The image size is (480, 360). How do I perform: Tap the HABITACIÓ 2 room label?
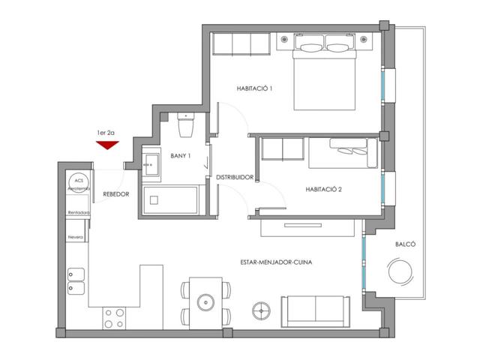tap(323, 189)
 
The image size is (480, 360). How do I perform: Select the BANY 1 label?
tap(180, 155)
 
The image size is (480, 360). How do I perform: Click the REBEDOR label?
tap(116, 193)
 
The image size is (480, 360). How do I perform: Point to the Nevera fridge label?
tap(76, 237)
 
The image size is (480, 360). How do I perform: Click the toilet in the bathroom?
tap(186, 125)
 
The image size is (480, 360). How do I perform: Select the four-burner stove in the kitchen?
tap(114, 318)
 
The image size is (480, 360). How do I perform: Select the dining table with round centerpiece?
tap(204, 301)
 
